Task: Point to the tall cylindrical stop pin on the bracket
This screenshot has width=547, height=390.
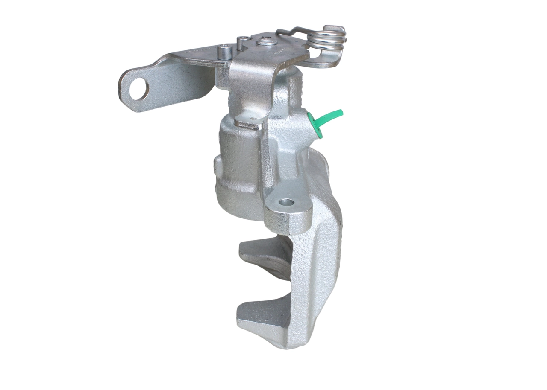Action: pos(224,53)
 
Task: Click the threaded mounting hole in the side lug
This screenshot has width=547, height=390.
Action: pos(288,202)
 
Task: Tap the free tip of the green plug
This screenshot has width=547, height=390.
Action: pos(340,112)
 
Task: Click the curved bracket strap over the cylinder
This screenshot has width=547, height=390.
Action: pos(252,85)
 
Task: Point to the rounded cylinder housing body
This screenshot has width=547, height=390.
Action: pos(239,171)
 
